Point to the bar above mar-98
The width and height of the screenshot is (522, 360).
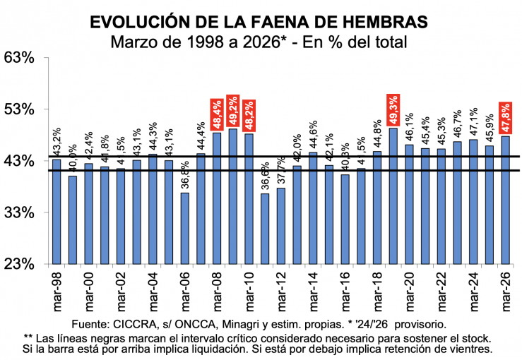tap(57, 212)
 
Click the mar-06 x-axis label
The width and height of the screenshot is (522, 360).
tap(185, 291)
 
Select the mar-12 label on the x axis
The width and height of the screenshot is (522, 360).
tap(281, 291)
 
